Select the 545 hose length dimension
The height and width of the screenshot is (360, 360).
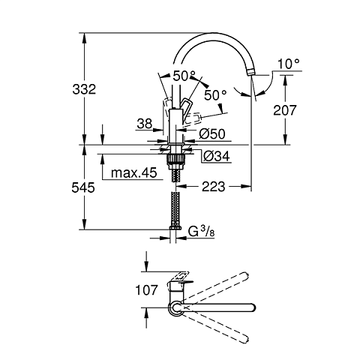click(x=88, y=188)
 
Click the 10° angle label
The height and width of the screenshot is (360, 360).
click(x=288, y=64)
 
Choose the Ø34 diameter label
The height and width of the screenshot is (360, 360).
click(x=214, y=155)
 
